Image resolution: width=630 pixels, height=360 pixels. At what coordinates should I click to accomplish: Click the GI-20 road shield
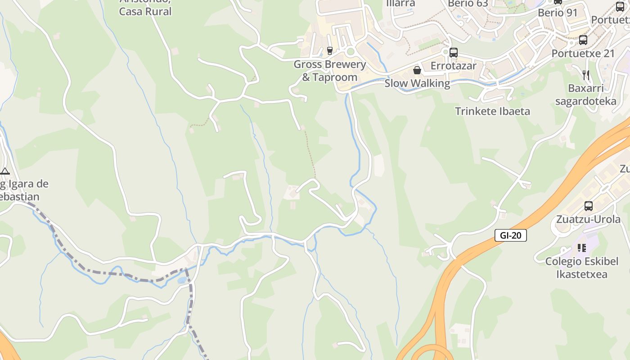511,235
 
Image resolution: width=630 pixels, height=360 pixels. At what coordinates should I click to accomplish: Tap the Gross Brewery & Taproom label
329,71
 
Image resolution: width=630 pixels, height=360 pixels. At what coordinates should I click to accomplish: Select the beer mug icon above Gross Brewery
330,50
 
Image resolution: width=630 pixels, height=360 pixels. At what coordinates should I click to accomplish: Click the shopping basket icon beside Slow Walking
417,70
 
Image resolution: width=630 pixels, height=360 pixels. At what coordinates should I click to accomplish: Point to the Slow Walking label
417,83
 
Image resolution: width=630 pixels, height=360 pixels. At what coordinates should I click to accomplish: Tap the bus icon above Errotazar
453,53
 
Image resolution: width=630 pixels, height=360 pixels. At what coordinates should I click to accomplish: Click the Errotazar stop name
453,66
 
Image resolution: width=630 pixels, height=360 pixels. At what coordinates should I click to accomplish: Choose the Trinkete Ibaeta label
492,111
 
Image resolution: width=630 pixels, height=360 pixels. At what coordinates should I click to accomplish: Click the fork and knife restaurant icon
585,75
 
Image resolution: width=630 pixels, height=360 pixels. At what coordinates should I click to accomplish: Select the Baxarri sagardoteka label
585,94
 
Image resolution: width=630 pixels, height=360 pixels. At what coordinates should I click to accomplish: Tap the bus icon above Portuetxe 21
583,40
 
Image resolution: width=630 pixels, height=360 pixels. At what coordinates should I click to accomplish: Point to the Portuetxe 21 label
583,53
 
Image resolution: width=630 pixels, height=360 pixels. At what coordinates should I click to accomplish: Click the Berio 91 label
558,13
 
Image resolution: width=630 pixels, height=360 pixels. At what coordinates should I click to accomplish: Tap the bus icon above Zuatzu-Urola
588,206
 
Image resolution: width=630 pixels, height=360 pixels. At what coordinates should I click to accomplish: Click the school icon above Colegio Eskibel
582,248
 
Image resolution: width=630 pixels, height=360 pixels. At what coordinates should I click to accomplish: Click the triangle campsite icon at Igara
5,171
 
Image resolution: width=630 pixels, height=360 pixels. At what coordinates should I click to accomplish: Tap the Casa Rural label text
145,11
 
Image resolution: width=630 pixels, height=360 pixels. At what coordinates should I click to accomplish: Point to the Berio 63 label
468,4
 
